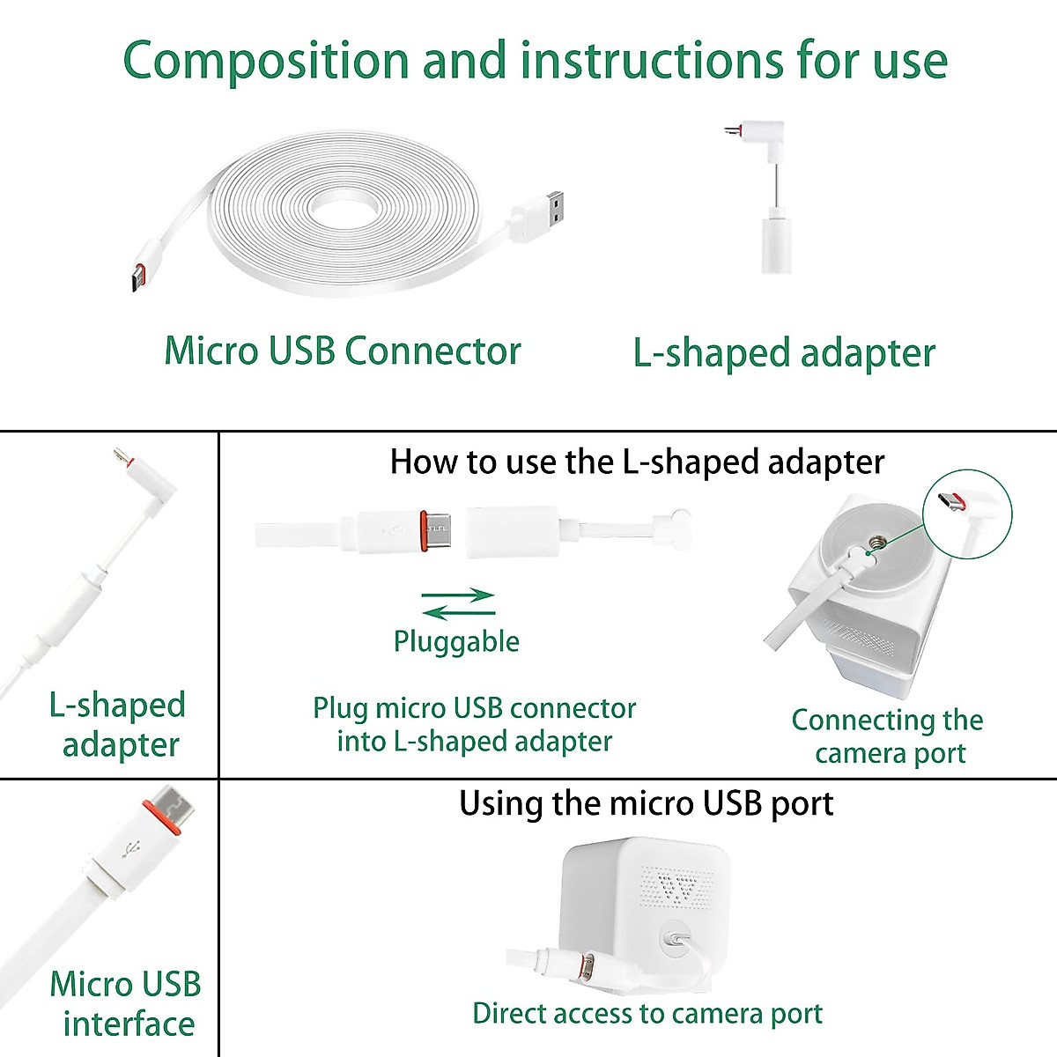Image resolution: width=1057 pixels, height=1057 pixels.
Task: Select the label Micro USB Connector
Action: [x=343, y=351]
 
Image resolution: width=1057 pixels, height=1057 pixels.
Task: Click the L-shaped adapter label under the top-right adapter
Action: [x=783, y=353]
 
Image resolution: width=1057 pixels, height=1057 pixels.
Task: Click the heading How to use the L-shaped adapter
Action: [x=637, y=462]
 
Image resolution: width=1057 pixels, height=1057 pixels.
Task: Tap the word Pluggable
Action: [x=456, y=641]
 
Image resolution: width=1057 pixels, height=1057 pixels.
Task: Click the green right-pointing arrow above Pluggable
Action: [x=458, y=595]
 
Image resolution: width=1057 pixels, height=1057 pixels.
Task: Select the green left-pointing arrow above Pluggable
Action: [x=458, y=611]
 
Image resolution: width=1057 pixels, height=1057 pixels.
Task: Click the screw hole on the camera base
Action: [x=875, y=543]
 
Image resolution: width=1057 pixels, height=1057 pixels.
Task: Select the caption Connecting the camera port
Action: [x=888, y=736]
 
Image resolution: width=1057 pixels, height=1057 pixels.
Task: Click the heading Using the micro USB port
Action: [x=646, y=803]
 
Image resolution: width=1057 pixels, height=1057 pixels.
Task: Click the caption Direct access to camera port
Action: [x=647, y=1013]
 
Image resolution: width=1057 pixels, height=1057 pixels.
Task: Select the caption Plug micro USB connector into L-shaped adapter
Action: [x=474, y=724]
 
